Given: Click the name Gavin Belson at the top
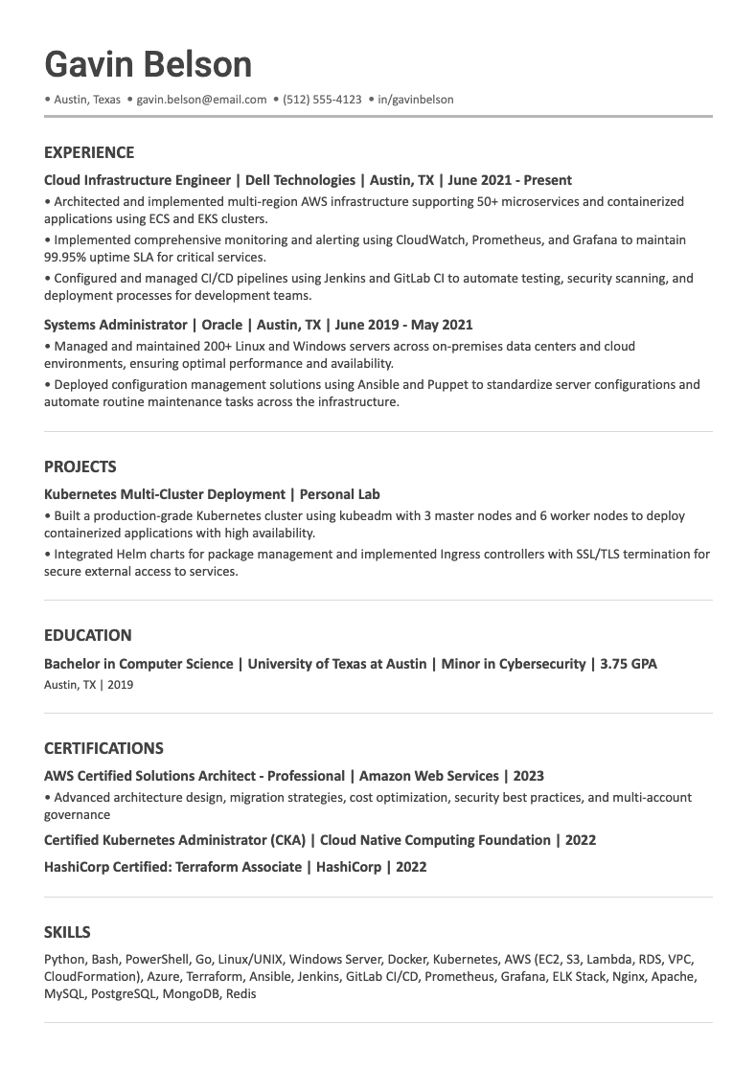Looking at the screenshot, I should [x=149, y=64].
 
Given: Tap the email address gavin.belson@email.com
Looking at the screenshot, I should [x=201, y=100].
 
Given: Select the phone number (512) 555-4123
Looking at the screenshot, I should [x=322, y=100].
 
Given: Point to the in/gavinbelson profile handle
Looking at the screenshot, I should [x=415, y=100].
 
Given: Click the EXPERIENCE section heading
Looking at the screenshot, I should [x=89, y=152].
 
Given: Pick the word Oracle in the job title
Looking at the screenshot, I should [x=221, y=325].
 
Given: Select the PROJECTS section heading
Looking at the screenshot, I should [x=80, y=466].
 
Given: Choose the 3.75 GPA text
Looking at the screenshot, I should [x=629, y=664].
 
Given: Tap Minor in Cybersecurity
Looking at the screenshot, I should [x=513, y=664].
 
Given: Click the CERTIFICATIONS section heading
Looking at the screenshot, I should [x=103, y=748].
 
